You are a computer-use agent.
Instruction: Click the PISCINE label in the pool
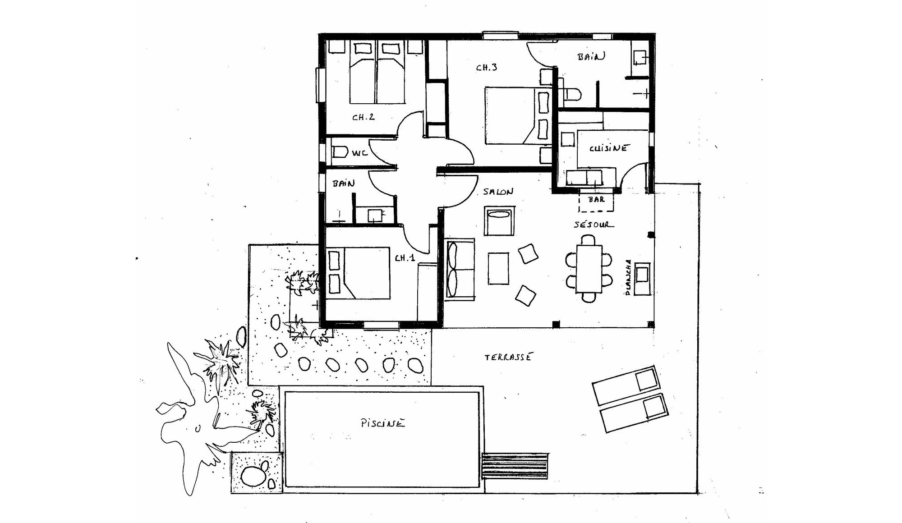click(383, 423)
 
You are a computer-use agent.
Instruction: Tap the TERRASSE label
click(508, 357)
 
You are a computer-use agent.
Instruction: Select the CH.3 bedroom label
click(487, 68)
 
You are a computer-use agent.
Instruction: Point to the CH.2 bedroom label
click(364, 117)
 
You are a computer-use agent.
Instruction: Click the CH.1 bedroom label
click(405, 258)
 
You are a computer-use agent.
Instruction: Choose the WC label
click(359, 153)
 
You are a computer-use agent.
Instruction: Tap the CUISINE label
click(608, 148)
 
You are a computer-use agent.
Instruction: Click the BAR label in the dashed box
click(596, 199)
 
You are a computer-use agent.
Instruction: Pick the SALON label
click(498, 192)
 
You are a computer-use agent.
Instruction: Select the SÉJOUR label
click(594, 224)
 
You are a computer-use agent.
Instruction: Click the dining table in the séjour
click(589, 269)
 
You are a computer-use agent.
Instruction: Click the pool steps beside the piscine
click(515, 465)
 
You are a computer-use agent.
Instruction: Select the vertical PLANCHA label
click(628, 278)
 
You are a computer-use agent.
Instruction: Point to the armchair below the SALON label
click(499, 221)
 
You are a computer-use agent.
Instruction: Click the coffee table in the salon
click(498, 268)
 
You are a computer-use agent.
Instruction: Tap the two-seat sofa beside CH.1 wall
click(460, 269)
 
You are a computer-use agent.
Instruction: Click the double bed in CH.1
click(358, 273)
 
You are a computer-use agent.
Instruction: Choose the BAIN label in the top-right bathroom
click(591, 57)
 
